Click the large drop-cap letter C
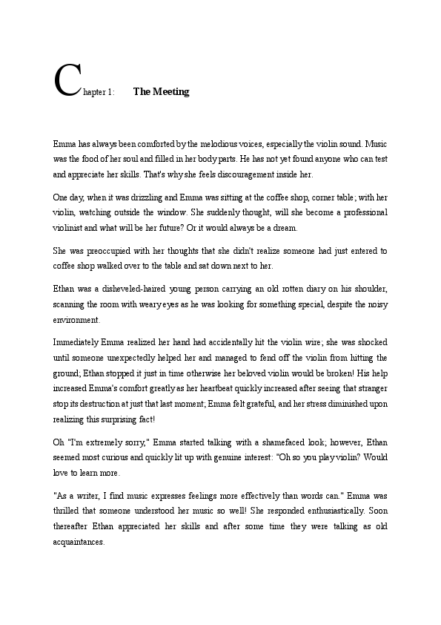[67, 81]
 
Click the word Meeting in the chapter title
[172, 92]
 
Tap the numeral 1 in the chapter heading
[109, 93]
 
